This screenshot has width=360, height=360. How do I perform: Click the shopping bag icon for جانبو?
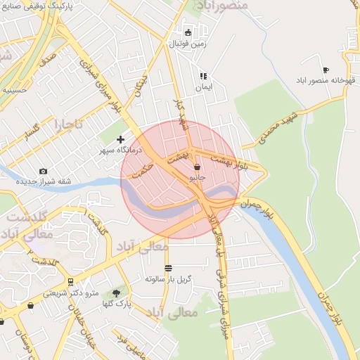point(196,167)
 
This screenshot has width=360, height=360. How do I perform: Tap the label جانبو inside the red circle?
point(196,179)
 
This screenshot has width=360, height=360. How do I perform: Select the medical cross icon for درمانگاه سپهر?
point(120,139)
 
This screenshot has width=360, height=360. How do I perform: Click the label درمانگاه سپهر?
point(120,150)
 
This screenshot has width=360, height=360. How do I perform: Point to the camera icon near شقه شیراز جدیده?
point(43,171)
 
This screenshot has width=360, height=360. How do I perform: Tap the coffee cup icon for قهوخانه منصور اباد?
point(325,70)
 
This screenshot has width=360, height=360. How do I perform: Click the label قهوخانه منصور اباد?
point(325,81)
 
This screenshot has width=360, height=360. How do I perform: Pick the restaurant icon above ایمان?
point(203,76)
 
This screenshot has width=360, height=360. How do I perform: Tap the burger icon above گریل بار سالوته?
point(168,268)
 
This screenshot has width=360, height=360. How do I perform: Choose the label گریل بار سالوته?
point(168,279)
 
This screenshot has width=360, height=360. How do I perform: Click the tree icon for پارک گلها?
point(116,292)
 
